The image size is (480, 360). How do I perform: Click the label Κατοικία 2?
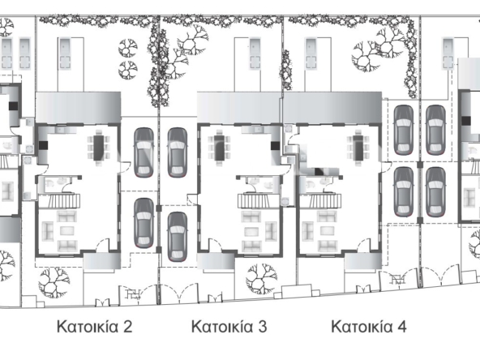click(x=95, y=327)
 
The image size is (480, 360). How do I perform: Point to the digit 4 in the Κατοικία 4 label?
click(x=401, y=327)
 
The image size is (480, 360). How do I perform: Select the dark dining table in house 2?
click(x=99, y=148)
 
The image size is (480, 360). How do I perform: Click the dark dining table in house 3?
click(x=220, y=148)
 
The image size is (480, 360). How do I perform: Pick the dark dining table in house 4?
click(x=358, y=148)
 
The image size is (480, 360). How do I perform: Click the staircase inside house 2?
click(x=59, y=201)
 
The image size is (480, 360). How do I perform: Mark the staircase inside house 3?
click(x=259, y=201)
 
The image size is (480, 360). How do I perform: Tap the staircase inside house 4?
click(x=320, y=201)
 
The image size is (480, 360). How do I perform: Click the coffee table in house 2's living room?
click(x=67, y=230)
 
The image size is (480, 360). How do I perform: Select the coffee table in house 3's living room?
click(x=251, y=231)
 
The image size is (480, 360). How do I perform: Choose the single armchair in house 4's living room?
click(x=308, y=231)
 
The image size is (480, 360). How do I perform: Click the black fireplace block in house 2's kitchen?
click(x=43, y=145)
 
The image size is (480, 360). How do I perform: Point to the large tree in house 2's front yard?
click(x=54, y=282)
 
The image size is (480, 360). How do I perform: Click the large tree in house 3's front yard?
click(x=261, y=279)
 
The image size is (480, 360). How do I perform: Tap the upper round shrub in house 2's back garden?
click(x=127, y=48)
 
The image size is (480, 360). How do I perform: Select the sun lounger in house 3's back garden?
click(x=255, y=54)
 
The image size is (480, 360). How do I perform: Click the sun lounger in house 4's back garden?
click(x=311, y=54)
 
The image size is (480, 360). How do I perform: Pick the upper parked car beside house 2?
click(x=144, y=152)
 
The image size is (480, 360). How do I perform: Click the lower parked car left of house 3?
click(x=178, y=237)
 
